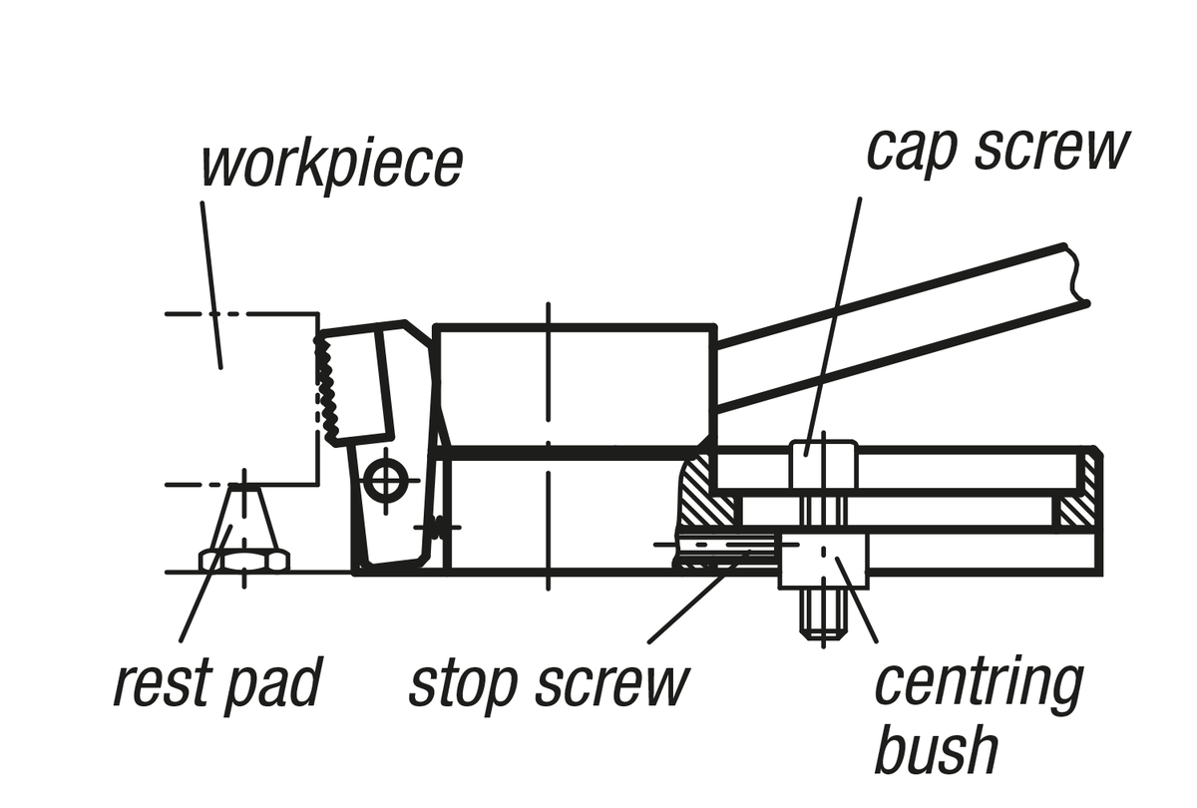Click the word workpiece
331,165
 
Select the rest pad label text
216,683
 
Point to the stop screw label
550,683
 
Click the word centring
979,683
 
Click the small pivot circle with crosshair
384,481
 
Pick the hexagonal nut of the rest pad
244,560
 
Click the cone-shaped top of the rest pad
244,514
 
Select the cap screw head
823,464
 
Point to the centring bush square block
824,560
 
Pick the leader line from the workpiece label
212,284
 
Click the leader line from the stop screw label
698,599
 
